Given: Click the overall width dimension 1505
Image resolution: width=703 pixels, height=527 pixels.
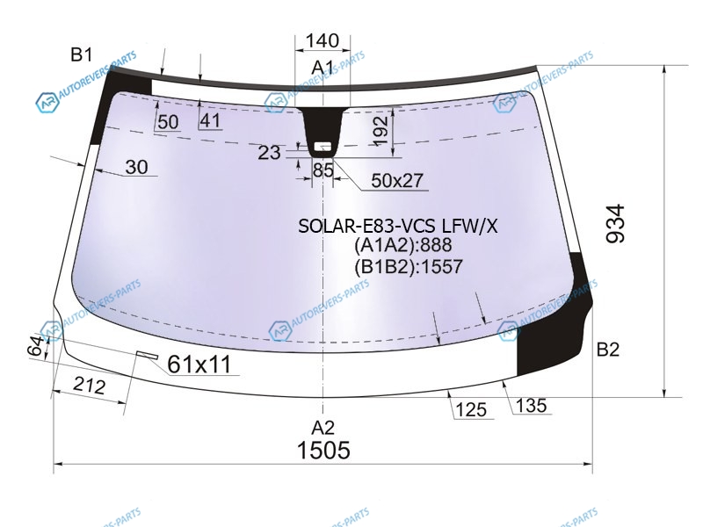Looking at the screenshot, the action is click(323, 450).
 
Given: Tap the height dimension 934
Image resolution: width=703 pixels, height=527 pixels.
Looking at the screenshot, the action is click(615, 224).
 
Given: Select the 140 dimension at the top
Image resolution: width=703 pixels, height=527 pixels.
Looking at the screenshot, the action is click(322, 40).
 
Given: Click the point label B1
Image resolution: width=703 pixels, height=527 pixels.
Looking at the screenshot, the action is click(82, 54).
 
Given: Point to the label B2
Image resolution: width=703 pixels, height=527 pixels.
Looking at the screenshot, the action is click(608, 349).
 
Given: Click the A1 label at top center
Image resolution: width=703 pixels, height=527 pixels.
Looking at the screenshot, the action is click(323, 68).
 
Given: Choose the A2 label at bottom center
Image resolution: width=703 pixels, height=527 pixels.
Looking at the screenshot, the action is click(323, 428).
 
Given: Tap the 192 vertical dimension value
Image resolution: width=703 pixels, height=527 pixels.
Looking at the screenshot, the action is click(380, 130).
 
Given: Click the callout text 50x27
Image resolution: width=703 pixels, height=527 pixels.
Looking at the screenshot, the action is click(397, 180).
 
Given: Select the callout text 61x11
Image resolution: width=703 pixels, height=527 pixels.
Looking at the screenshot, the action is click(199, 364).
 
